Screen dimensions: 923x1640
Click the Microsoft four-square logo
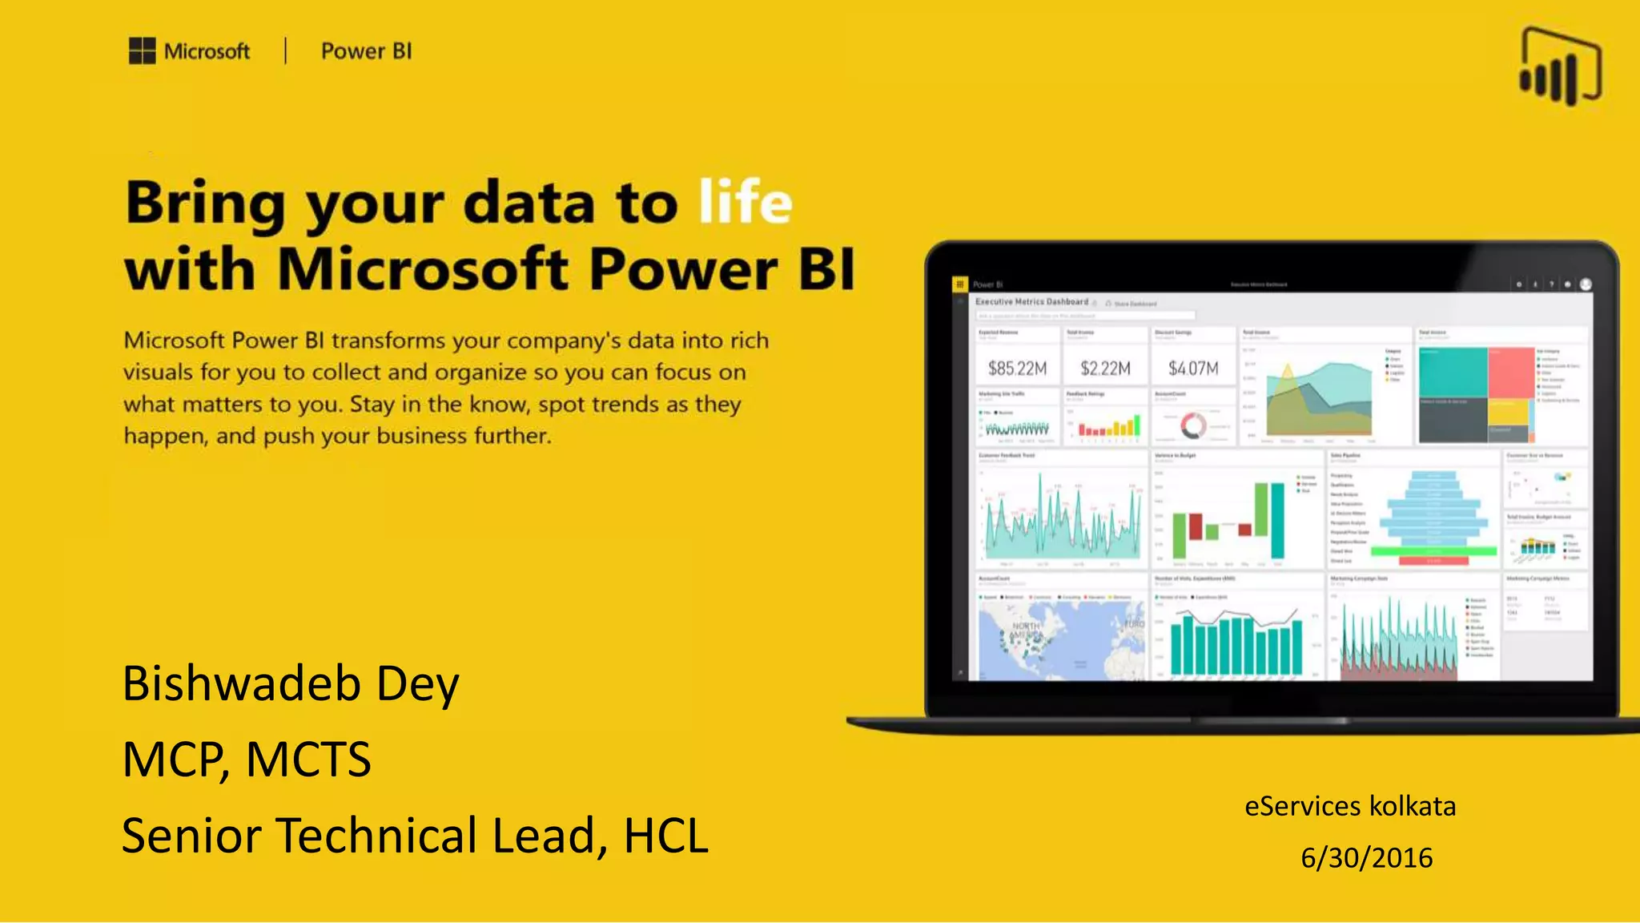click(x=142, y=51)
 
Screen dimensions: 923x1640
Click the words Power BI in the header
click(x=366, y=51)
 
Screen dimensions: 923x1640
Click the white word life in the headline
click(x=745, y=202)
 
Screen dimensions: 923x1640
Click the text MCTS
click(x=308, y=760)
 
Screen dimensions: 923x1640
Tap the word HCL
click(x=665, y=836)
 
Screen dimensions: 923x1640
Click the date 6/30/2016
click(x=1366, y=858)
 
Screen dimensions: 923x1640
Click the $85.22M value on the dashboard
click(x=1017, y=369)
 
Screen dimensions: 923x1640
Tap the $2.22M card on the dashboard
click(x=1105, y=369)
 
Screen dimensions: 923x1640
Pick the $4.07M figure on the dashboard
click(x=1193, y=369)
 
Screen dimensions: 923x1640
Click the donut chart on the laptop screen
click(x=1193, y=425)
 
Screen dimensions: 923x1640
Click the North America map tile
click(x=1060, y=637)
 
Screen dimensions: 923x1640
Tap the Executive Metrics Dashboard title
click(x=1031, y=302)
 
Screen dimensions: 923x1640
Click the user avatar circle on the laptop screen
click(x=1586, y=284)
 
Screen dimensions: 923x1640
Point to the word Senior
click(x=191, y=836)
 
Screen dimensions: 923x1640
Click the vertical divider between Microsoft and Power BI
click(x=286, y=51)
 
